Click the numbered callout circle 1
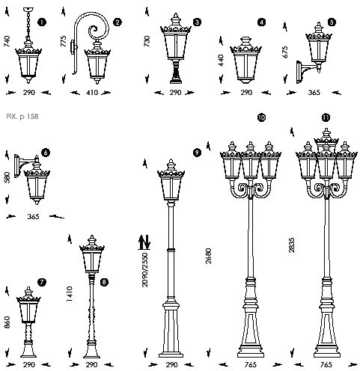tap(42, 22)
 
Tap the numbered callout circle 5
tap(332, 22)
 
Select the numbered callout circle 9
tap(197, 153)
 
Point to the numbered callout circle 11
tap(326, 117)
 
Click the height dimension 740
tap(7, 41)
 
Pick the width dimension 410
tap(92, 93)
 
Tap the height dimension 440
tap(221, 61)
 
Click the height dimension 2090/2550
tap(145, 270)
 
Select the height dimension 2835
tap(292, 245)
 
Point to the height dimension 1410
tap(70, 294)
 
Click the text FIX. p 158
tap(22, 117)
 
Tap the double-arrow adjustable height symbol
tap(144, 242)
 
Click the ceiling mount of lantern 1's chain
tap(28, 10)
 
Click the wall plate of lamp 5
tap(299, 72)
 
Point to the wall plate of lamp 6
tap(16, 166)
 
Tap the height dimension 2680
tap(208, 256)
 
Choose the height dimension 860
tap(7, 322)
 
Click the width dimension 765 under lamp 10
tap(250, 365)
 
